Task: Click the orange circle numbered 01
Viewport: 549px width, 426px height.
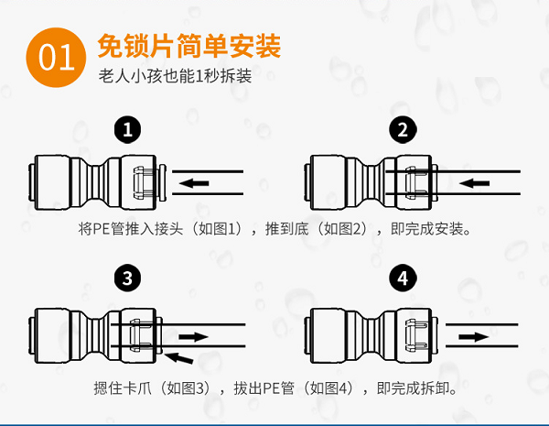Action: point(56,58)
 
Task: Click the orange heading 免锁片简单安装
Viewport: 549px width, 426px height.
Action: point(189,46)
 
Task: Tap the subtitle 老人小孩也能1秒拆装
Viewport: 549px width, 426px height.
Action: point(175,76)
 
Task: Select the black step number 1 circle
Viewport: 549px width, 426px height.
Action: point(127,130)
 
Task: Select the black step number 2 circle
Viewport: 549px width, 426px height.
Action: point(403,130)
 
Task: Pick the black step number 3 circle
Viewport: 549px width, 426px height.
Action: point(127,278)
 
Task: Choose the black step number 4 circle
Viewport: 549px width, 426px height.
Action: point(403,278)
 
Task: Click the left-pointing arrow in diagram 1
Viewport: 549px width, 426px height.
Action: point(194,183)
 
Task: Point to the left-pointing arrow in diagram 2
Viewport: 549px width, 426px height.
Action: point(474,183)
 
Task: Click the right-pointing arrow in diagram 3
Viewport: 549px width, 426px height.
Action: point(194,337)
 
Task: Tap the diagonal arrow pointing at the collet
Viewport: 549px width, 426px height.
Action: point(178,358)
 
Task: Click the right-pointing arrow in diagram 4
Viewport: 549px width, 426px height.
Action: point(474,337)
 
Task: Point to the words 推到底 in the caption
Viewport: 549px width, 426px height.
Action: point(286,229)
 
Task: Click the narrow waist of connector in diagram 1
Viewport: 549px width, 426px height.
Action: point(95,182)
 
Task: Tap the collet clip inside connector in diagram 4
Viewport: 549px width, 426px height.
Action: point(416,336)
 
